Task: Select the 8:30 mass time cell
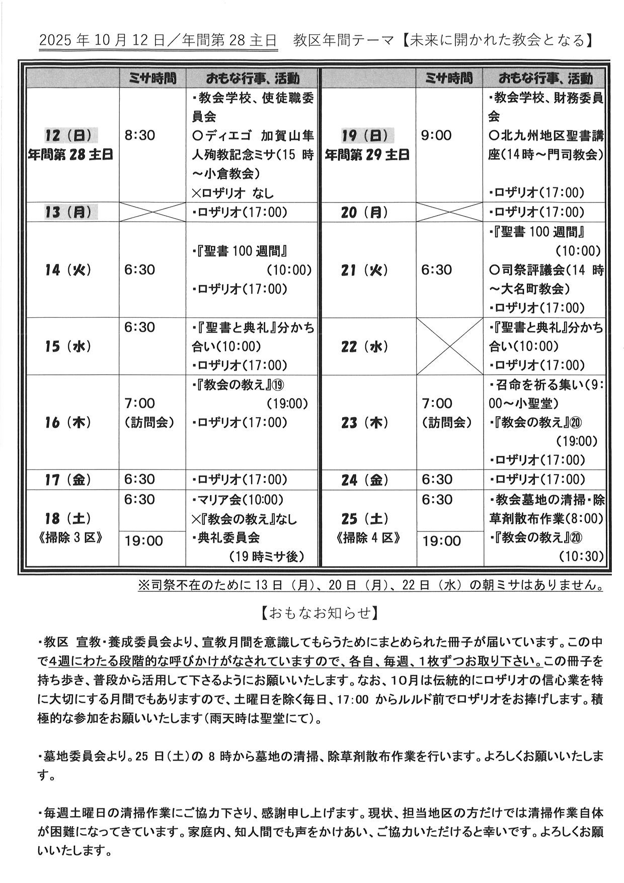point(140,135)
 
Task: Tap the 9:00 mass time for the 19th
point(436,135)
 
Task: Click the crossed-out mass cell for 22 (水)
point(449,346)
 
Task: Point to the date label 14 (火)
point(68,270)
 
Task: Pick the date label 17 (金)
point(68,480)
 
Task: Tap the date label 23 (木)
point(365,423)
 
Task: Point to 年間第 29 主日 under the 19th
point(367,155)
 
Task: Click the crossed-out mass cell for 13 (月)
point(152,212)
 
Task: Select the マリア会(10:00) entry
point(238,500)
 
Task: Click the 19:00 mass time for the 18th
point(144,541)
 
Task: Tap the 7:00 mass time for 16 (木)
point(140,403)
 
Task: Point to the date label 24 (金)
point(365,480)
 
